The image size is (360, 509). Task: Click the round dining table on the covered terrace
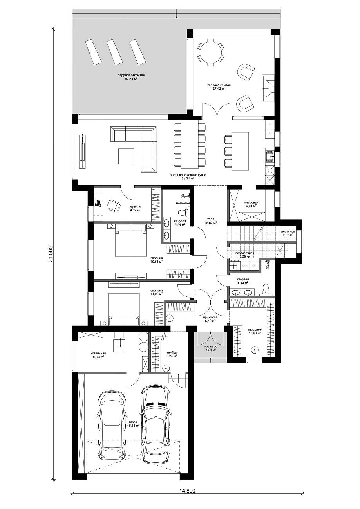pyautogui.click(x=211, y=52)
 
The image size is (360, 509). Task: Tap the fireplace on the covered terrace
pyautogui.click(x=268, y=87)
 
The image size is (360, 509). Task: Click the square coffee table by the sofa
pyautogui.click(x=126, y=156)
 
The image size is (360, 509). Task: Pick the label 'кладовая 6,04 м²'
pyautogui.click(x=251, y=204)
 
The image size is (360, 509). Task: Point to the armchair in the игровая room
pyautogui.click(x=114, y=206)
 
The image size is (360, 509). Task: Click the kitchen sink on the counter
pyautogui.click(x=270, y=156)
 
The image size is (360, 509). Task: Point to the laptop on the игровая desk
pyautogui.click(x=98, y=203)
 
